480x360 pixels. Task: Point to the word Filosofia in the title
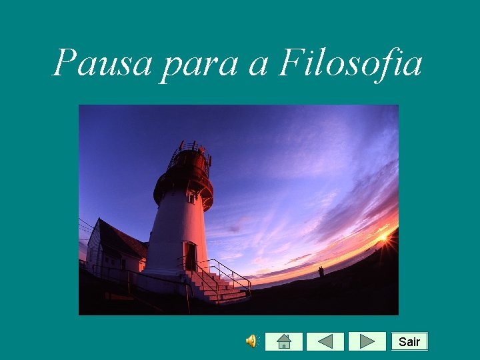pos(350,64)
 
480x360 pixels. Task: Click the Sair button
pos(409,342)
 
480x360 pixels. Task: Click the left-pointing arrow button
pos(325,342)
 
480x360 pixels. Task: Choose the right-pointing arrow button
pos(367,342)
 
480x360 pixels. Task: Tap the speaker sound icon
pos(252,342)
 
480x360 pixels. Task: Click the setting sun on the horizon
pos(383,236)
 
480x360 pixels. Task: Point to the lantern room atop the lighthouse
pos(190,160)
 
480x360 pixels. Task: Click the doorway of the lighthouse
pos(191,257)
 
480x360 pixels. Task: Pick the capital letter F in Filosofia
pos(291,64)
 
